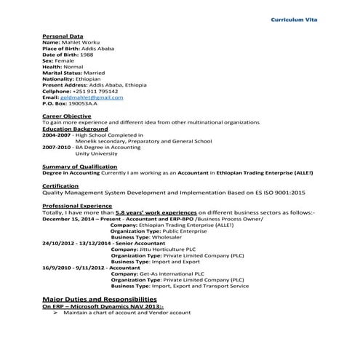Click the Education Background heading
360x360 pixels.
[x=72, y=129]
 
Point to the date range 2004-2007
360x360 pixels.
[x=57, y=135]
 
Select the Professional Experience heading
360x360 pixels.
[x=76, y=206]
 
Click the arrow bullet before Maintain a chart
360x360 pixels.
[x=55, y=313]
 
